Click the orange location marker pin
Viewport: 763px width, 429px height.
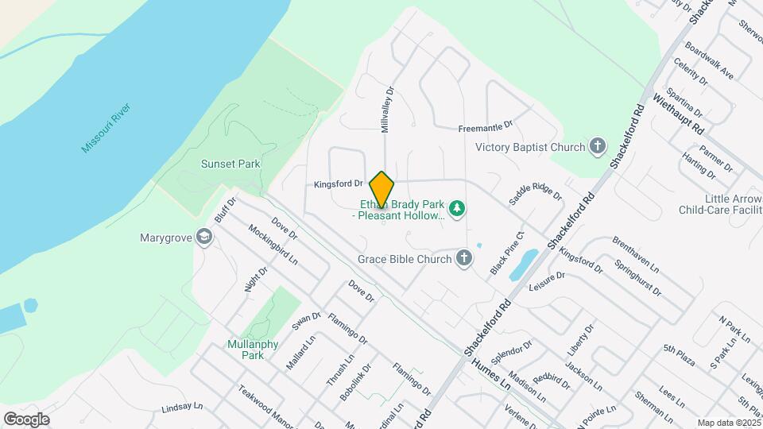381,190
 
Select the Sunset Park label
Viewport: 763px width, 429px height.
230,164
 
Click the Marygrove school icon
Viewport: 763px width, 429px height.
205,237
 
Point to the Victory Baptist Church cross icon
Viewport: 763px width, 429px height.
598,146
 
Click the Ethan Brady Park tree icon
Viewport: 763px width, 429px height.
456,209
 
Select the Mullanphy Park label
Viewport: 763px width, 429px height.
245,350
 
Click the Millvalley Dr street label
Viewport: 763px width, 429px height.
387,110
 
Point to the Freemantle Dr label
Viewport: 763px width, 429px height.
486,127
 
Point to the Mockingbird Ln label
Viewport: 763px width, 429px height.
272,247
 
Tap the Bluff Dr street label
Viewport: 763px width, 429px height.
226,210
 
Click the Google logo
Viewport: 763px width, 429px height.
26,419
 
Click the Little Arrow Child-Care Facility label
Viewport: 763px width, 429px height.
719,204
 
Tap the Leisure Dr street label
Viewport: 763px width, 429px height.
546,280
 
